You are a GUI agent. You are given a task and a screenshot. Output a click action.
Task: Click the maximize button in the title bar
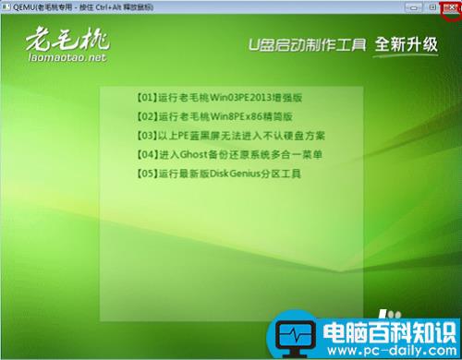(x=432, y=6)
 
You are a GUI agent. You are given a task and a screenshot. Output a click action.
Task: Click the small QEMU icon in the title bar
(x=6, y=6)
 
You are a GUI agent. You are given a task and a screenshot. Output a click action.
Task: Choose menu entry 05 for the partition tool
(x=218, y=173)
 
